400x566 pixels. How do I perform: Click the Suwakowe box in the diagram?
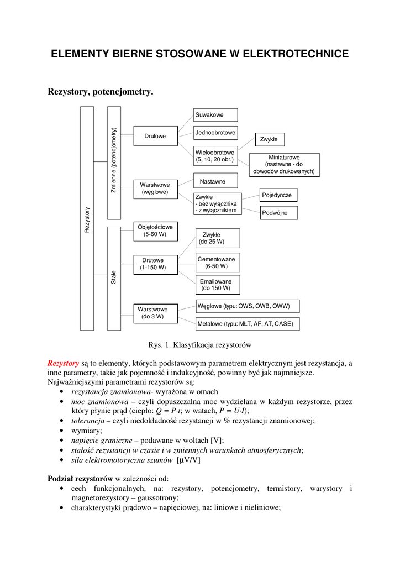tap(215, 115)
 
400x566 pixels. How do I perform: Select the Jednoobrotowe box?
tap(215, 133)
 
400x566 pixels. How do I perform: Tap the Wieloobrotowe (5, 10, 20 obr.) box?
tap(215, 156)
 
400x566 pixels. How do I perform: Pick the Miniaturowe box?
tap(284, 164)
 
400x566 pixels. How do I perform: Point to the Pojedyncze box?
tap(279, 195)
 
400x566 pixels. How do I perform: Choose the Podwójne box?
tap(278, 213)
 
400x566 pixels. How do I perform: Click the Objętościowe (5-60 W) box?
tap(155, 230)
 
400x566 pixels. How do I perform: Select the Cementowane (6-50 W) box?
tap(216, 263)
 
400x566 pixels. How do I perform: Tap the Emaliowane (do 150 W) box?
tap(216, 285)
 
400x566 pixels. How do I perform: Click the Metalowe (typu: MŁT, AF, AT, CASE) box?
tap(248, 323)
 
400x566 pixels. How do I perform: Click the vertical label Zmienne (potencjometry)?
tap(114, 160)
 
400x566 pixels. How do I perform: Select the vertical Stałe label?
tap(114, 277)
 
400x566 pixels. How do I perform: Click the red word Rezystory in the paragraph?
tap(63, 363)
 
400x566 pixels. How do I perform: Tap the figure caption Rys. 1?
tap(200, 345)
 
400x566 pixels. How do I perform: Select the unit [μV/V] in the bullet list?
tap(189, 460)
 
